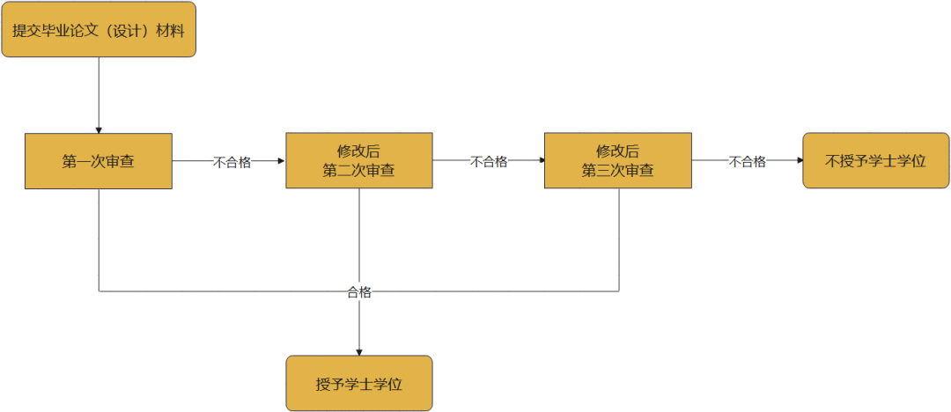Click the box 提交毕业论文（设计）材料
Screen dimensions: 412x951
(99, 30)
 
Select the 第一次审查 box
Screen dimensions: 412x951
(99, 161)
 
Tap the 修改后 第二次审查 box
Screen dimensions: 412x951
(359, 161)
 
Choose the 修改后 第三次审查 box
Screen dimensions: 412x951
(618, 161)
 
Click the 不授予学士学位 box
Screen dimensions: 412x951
(876, 161)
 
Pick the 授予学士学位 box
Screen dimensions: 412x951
(359, 384)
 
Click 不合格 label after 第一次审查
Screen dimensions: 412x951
(232, 162)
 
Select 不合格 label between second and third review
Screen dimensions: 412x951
(489, 162)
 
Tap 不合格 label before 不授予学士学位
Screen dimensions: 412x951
(748, 162)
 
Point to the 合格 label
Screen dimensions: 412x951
(359, 292)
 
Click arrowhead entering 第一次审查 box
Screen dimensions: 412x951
(99, 129)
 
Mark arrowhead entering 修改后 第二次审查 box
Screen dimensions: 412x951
(281, 161)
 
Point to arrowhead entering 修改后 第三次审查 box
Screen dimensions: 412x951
(540, 161)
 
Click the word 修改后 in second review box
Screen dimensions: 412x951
(359, 151)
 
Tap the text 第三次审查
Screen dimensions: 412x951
(618, 171)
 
